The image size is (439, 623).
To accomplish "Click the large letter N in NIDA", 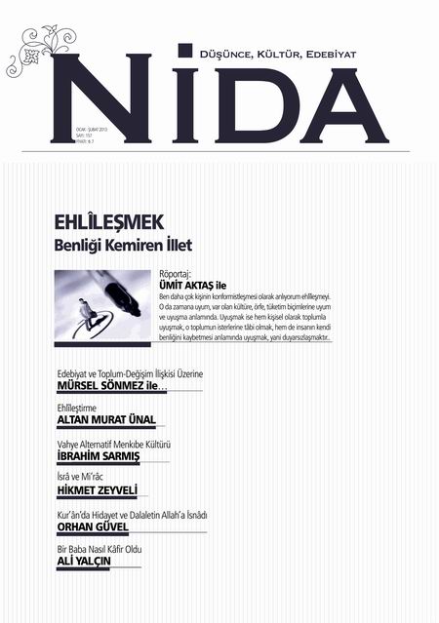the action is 103,97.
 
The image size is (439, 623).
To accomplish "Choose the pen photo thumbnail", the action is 102,304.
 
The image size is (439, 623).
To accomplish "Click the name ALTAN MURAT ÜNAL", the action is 106,420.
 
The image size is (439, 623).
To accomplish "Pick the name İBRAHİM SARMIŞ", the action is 99,455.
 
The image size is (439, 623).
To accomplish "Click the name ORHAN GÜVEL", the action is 94,526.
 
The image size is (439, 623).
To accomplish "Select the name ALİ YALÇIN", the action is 86,562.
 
